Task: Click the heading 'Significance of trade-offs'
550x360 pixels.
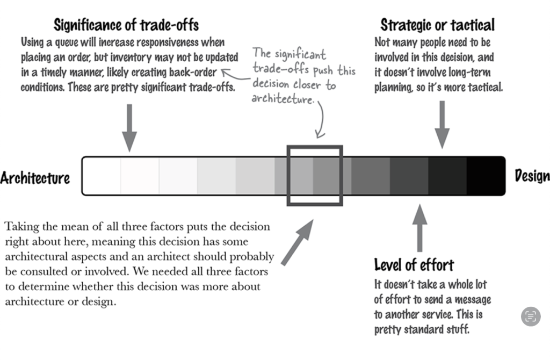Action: point(126,25)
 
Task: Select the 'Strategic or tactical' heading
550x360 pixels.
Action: point(437,25)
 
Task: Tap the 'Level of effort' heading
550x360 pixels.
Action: point(414,264)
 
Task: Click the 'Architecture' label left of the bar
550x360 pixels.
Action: point(35,178)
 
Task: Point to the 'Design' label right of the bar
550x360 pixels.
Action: point(532,176)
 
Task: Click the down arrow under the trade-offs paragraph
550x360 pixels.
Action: point(129,128)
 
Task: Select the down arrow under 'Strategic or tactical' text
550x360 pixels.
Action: point(442,124)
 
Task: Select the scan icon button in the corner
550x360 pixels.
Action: point(531,316)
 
